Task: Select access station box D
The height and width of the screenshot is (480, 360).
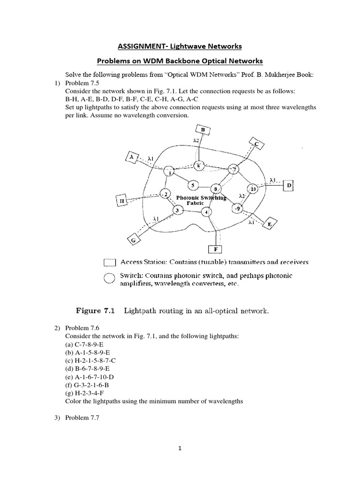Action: pos(289,186)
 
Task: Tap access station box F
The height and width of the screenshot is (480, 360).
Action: pos(215,249)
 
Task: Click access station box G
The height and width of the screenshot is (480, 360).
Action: pos(133,240)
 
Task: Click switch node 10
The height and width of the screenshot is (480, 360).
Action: pos(253,188)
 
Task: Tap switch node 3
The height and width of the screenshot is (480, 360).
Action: pos(177,210)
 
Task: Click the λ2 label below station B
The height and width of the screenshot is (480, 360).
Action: pos(197,141)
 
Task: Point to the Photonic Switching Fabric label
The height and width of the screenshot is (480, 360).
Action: pos(201,201)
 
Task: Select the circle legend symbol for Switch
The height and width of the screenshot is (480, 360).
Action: pos(109,279)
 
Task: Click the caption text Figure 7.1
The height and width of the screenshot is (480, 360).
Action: pos(95,310)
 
